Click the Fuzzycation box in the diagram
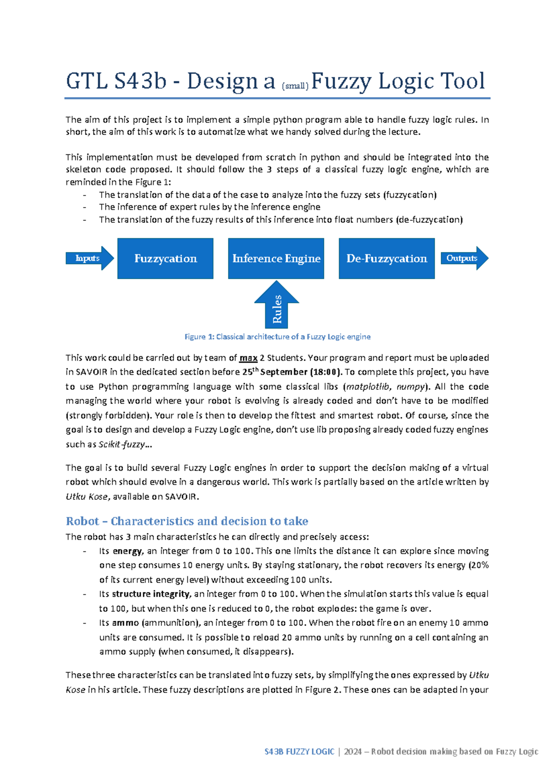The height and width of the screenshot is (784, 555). pyautogui.click(x=165, y=258)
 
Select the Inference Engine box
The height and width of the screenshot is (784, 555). pyautogui.click(x=276, y=258)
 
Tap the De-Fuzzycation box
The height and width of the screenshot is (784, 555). pyautogui.click(x=387, y=258)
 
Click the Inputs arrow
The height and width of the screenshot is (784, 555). pyautogui.click(x=89, y=258)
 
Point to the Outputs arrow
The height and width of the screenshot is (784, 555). pyautogui.click(x=464, y=258)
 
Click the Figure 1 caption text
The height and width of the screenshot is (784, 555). pyautogui.click(x=277, y=337)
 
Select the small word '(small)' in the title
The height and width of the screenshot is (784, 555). pyautogui.click(x=295, y=86)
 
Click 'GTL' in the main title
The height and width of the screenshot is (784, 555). pyautogui.click(x=87, y=81)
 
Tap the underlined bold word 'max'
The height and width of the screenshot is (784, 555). pyautogui.click(x=248, y=358)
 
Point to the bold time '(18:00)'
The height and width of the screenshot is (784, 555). pyautogui.click(x=326, y=372)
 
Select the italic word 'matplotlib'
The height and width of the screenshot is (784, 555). pyautogui.click(x=367, y=387)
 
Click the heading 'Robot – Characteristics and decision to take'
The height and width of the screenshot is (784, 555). pyautogui.click(x=187, y=521)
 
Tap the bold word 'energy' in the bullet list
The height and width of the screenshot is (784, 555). pyautogui.click(x=127, y=551)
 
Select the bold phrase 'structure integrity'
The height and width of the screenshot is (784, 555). pyautogui.click(x=151, y=594)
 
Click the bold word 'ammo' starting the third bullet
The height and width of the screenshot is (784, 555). pyautogui.click(x=125, y=623)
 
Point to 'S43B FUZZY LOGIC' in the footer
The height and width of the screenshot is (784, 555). pyautogui.click(x=299, y=752)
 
